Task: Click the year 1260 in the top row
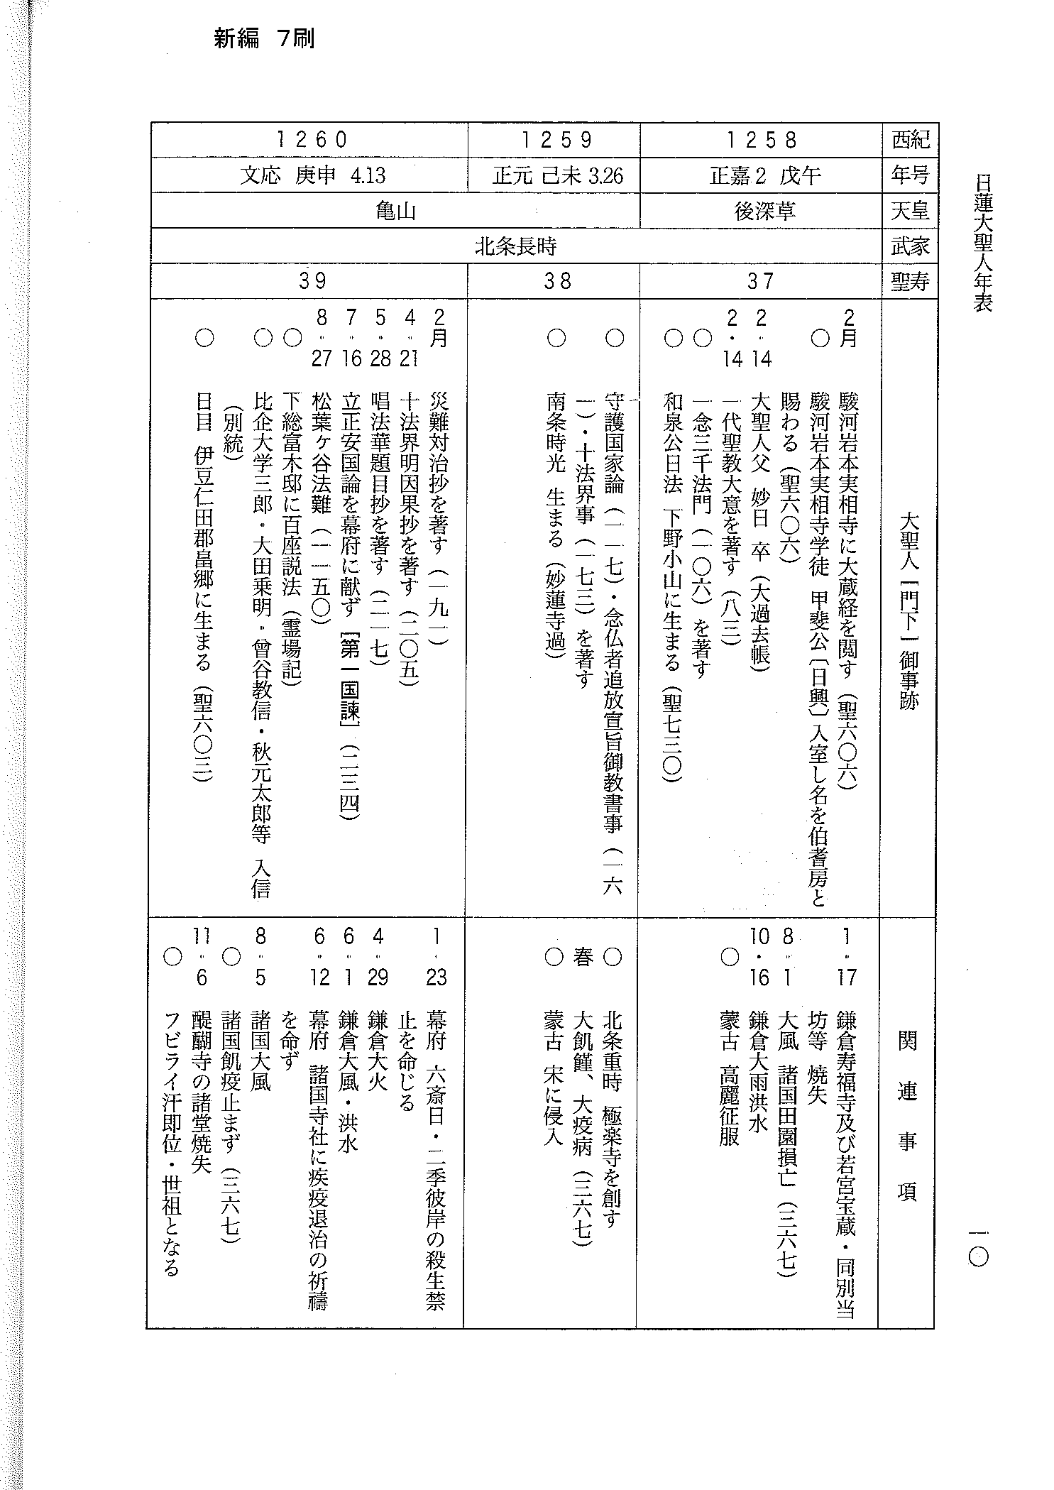point(312,140)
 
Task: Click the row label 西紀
point(910,140)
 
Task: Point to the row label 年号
point(910,175)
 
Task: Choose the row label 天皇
point(910,211)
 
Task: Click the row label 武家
point(910,246)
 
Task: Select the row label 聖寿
point(910,282)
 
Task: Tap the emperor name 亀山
point(395,211)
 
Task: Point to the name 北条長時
point(516,246)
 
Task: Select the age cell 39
point(312,282)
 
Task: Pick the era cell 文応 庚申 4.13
point(312,175)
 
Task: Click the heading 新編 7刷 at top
point(264,39)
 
